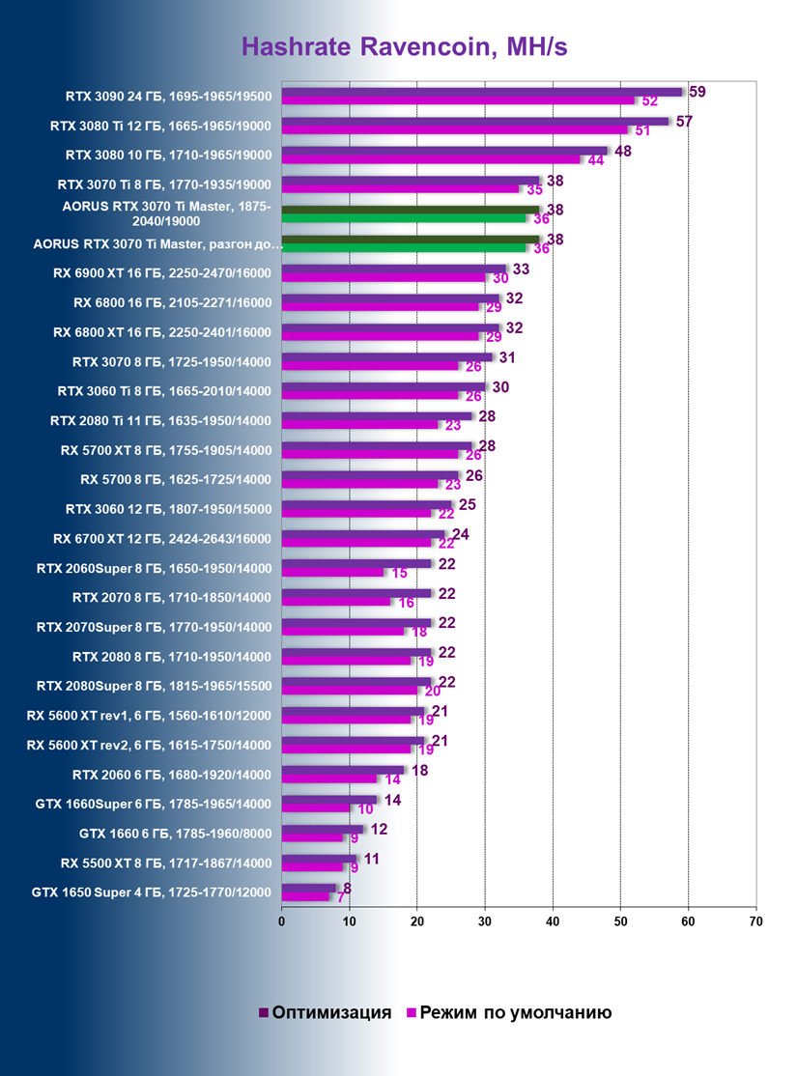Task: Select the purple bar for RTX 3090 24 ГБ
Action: click(x=481, y=92)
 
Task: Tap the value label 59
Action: click(x=697, y=92)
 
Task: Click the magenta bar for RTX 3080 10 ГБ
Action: click(x=430, y=159)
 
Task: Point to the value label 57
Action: click(x=683, y=122)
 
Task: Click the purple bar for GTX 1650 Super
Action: click(x=308, y=887)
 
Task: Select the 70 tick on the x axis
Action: click(x=755, y=921)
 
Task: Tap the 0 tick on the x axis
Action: click(x=281, y=921)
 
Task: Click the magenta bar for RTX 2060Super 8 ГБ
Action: click(x=331, y=572)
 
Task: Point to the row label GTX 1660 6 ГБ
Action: click(x=175, y=833)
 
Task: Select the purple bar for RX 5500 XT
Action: click(x=319, y=857)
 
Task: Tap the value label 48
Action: click(x=622, y=152)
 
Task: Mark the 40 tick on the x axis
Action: click(x=553, y=921)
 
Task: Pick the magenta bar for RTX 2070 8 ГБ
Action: click(x=335, y=602)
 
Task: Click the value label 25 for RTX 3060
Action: click(x=466, y=505)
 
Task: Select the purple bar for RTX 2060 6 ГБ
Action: click(x=342, y=770)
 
